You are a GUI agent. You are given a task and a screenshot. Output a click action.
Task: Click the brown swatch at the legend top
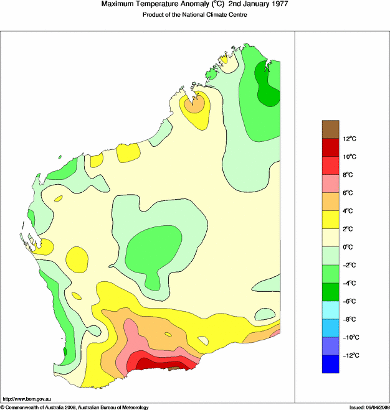(x=330, y=129)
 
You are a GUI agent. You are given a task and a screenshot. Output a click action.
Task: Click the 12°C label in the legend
(x=349, y=139)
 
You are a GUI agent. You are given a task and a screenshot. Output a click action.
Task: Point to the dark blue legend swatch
(x=330, y=364)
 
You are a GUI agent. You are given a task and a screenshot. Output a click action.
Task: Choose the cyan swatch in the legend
(x=330, y=310)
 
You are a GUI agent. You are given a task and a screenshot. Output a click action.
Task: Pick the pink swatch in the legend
(x=330, y=184)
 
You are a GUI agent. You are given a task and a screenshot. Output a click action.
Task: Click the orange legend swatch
(x=330, y=202)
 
